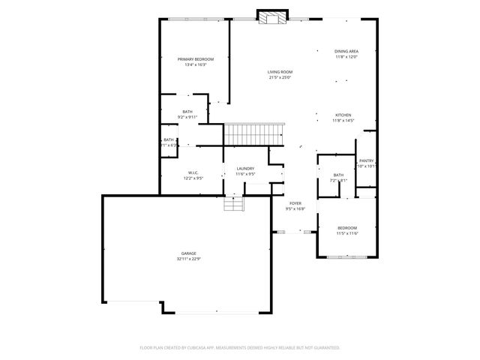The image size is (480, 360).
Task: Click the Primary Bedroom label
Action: tap(195, 59)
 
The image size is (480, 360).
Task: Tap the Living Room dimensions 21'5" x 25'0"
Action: tap(280, 77)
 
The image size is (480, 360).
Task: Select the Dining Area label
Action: tap(346, 51)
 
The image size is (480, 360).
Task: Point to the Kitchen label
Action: tap(343, 115)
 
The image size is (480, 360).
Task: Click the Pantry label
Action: tap(366, 160)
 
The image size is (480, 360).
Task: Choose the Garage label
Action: tap(188, 253)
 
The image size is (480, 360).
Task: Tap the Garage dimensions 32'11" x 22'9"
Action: tap(188, 259)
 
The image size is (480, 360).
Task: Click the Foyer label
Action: tap(295, 203)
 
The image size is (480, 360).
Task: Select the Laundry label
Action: tap(245, 169)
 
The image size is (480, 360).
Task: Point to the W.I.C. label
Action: tap(193, 172)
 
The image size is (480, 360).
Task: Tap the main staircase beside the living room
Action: tap(254, 135)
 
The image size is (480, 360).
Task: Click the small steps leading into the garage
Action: tap(235, 204)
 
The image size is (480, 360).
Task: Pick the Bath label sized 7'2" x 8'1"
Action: tap(338, 175)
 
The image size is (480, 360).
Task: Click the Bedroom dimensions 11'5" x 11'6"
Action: tap(346, 233)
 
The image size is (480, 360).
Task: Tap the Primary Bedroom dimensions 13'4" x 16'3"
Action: tap(195, 65)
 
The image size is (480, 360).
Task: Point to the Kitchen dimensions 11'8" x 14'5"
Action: tap(343, 121)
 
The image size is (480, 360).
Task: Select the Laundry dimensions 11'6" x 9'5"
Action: tap(245, 174)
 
